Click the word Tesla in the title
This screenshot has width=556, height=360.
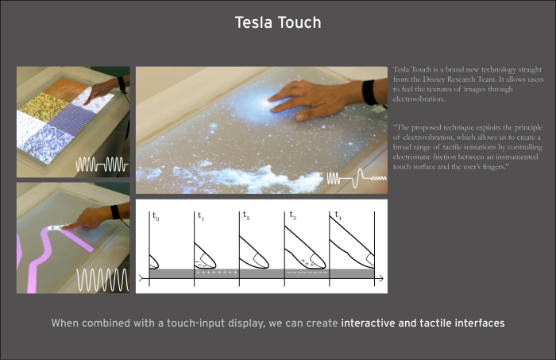[253, 22]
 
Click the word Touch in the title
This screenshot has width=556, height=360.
[299, 22]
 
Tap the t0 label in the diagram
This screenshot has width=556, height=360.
[156, 215]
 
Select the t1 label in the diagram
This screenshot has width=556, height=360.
[201, 215]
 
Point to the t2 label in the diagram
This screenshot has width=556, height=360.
[246, 215]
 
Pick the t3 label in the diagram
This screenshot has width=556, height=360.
[292, 215]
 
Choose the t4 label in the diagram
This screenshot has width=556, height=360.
[338, 215]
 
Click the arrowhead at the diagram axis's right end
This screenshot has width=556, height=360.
[380, 279]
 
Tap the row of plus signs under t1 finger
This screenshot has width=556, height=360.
[217, 273]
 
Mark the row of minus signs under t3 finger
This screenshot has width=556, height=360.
[307, 273]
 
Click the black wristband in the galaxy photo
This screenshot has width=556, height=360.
[369, 92]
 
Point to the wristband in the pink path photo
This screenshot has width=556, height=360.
[115, 212]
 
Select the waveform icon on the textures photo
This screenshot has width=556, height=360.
[102, 165]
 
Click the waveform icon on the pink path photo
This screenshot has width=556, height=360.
[102, 280]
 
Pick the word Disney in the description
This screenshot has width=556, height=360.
[434, 79]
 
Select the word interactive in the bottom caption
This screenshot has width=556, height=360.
[368, 323]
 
